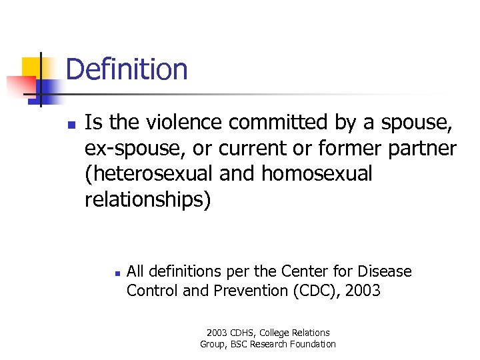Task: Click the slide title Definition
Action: [127, 69]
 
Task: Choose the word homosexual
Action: [317, 173]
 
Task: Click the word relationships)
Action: [147, 199]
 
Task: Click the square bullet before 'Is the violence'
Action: [71, 124]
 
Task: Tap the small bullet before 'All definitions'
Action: [115, 273]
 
